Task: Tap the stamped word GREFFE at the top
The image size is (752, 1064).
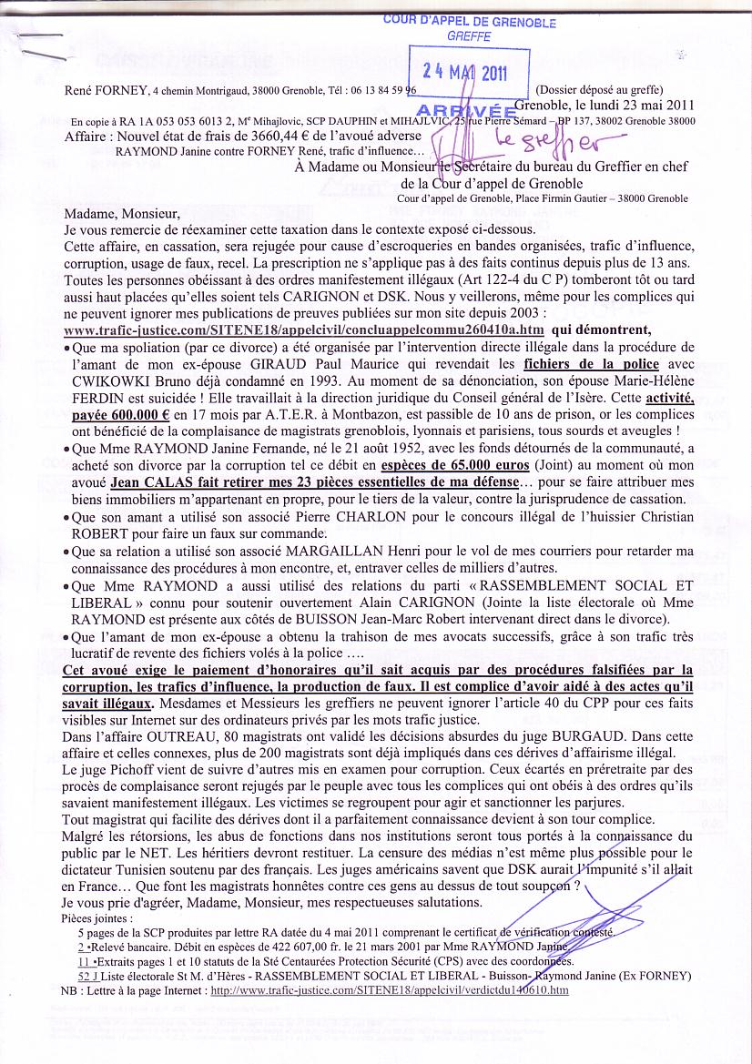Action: (470, 37)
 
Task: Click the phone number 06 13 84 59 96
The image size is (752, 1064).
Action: (377, 91)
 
